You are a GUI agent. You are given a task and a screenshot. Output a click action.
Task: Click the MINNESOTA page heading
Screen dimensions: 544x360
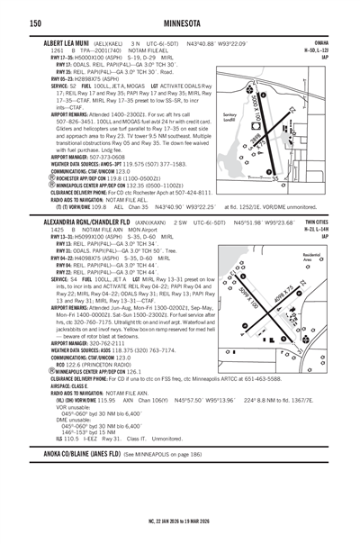pos(179,23)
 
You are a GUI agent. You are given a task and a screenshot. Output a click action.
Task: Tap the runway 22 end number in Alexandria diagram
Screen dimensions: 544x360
pos(332,284)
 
